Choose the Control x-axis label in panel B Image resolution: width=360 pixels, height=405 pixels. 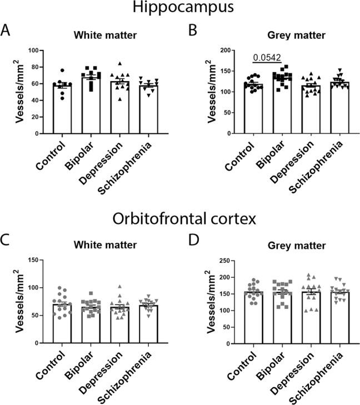click(x=244, y=153)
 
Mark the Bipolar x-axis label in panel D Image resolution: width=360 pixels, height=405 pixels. click(x=270, y=363)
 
